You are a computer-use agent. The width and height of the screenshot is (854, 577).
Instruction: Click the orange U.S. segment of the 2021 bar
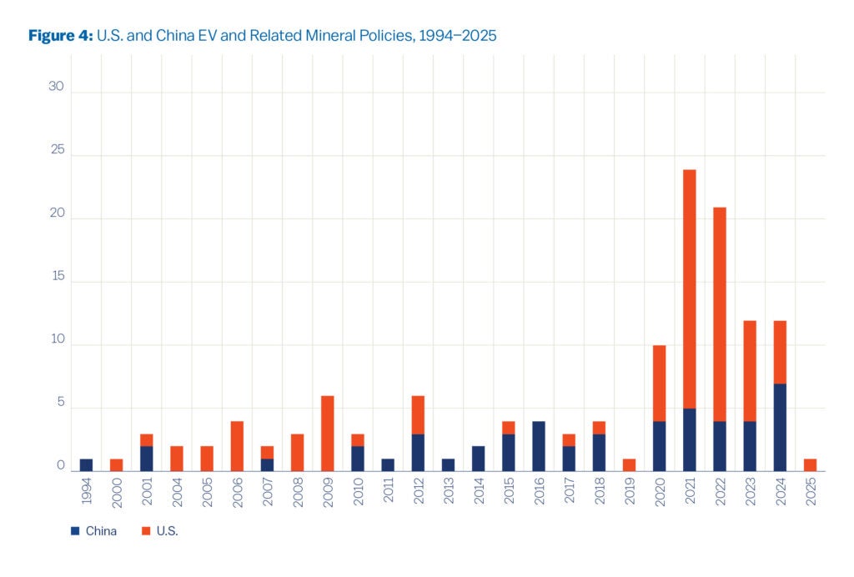tap(689, 289)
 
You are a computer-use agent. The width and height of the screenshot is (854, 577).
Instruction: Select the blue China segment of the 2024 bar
tap(779, 428)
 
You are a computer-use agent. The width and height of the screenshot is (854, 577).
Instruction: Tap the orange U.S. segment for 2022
tap(719, 314)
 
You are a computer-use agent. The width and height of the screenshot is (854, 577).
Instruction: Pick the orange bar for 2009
tap(327, 434)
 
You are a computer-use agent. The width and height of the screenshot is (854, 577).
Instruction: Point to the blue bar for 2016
tap(538, 446)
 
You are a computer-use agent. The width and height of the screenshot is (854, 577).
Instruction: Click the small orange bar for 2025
tap(809, 465)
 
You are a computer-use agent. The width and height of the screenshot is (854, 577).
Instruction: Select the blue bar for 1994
tap(86, 465)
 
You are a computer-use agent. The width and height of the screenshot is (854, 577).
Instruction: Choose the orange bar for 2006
tap(237, 446)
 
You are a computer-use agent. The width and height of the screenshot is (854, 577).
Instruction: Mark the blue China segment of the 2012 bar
tap(418, 453)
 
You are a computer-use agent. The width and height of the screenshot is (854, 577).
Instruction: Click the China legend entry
tap(94, 531)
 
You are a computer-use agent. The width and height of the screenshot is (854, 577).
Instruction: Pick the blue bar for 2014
tap(478, 459)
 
